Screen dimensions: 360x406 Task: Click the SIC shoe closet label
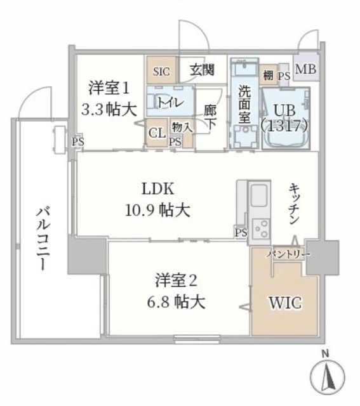161,72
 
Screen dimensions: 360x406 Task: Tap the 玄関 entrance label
202,70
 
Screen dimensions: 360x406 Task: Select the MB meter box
306,69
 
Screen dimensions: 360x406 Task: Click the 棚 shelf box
268,75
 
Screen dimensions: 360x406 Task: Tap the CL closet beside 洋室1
157,133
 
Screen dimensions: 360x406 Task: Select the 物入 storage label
182,128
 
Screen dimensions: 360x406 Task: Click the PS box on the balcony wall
77,142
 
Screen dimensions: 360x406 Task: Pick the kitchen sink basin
259,195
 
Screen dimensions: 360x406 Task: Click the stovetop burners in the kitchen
261,229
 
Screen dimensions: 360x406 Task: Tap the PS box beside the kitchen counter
241,232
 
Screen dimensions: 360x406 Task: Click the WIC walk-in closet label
285,303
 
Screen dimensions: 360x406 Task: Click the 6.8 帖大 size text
177,302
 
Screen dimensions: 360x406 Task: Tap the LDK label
158,188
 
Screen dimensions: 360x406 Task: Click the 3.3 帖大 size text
109,110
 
